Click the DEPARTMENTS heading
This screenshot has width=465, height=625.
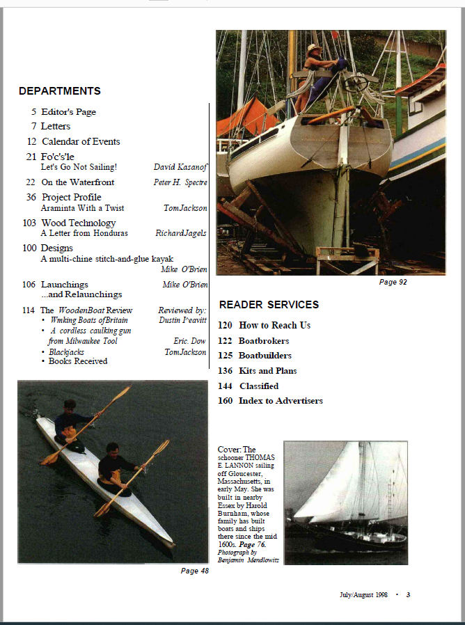coord(60,91)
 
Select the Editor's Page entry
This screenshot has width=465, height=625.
coord(68,112)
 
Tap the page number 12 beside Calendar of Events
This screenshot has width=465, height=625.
coord(31,142)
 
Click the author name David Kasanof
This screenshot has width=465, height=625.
coord(180,167)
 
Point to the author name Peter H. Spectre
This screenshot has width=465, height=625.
coord(180,182)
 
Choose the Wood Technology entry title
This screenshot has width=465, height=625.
coord(78,223)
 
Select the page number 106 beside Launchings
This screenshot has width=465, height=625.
coord(29,285)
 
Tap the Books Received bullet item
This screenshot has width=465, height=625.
coord(78,362)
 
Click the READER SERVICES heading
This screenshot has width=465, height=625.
coord(269,305)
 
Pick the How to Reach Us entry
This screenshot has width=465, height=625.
coord(274,326)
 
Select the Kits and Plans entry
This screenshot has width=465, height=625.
coord(267,371)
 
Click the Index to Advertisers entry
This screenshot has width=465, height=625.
coord(281,401)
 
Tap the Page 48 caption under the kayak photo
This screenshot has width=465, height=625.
coord(195,571)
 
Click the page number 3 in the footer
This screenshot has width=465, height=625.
coord(409,595)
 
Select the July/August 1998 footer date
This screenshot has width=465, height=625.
coord(363,595)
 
